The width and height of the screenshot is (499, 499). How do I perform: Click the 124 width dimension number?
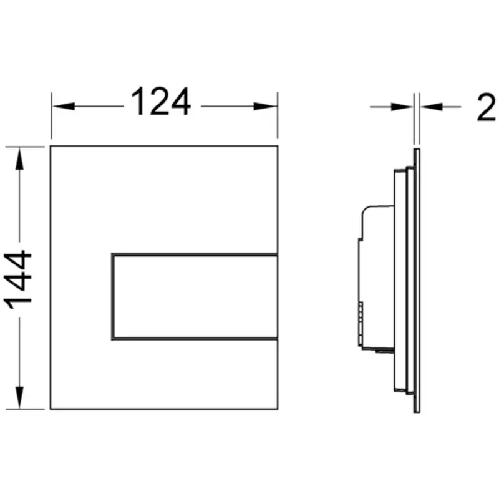pos(161,101)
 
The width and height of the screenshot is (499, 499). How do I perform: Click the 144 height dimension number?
pos(18,279)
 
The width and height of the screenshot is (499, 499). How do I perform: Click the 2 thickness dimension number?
pos(487,107)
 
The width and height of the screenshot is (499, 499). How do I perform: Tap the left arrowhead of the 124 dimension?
pos(64,106)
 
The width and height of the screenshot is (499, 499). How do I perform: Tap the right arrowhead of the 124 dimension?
pos(265,106)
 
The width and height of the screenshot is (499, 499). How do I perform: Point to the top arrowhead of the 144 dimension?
pos(19,160)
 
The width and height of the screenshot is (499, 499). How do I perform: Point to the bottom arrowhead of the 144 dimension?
pos(19,397)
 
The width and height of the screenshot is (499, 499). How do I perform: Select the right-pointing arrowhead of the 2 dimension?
pos(402,107)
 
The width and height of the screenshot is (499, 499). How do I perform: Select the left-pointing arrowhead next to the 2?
pos(431,107)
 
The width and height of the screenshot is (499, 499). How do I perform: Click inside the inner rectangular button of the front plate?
pos(195,297)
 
